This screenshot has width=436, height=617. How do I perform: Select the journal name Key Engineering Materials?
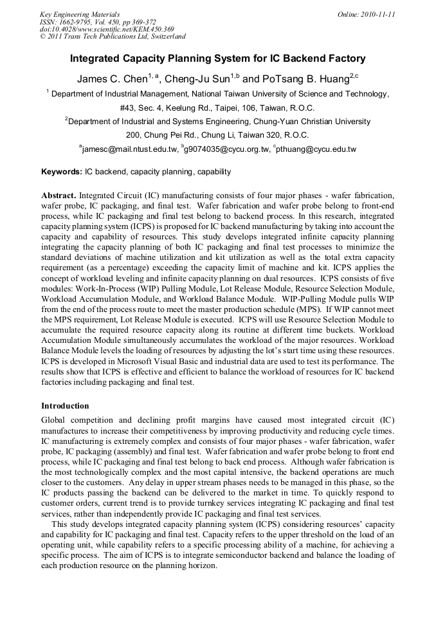coord(80,14)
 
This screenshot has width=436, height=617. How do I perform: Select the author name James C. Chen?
coord(113,79)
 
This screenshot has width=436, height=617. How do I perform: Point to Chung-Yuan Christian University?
coord(298,121)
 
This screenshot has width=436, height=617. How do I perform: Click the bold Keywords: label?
coord(62,172)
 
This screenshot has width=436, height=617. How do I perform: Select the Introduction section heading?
coord(65,406)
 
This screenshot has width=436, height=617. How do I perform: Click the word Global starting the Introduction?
coord(54,419)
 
